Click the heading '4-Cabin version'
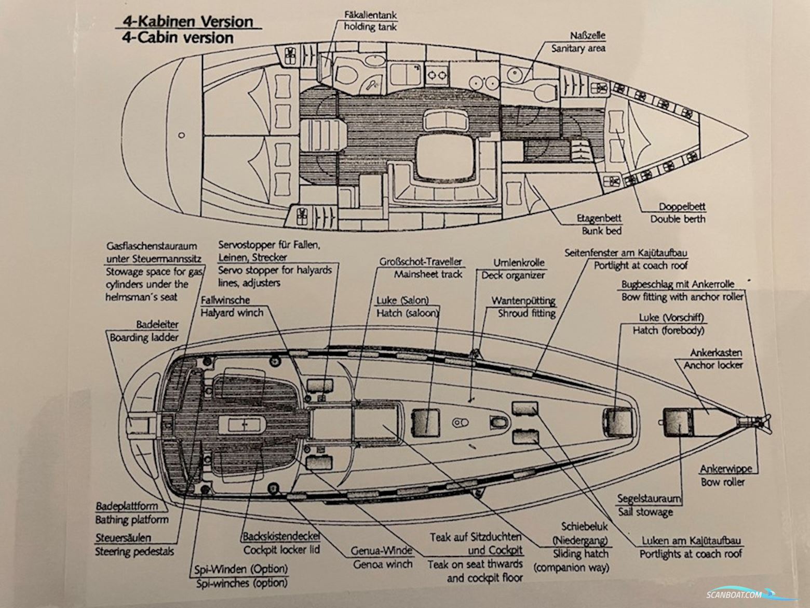click(x=178, y=37)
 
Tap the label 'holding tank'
click(x=370, y=26)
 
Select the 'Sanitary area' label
click(x=578, y=48)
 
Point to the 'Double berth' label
click(x=678, y=219)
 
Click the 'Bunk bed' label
click(x=601, y=231)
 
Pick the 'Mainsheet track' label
click(x=428, y=274)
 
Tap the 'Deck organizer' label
click(x=512, y=275)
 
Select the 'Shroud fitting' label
click(x=526, y=313)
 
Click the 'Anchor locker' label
click(x=713, y=365)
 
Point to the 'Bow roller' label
click(x=723, y=482)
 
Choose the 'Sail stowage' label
click(x=645, y=511)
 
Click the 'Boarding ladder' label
click(x=144, y=337)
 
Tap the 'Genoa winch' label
click(x=383, y=564)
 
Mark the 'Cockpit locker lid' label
click(x=281, y=549)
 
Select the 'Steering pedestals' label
click(x=134, y=551)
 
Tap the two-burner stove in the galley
click(x=436, y=75)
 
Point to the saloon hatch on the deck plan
click(x=426, y=421)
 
